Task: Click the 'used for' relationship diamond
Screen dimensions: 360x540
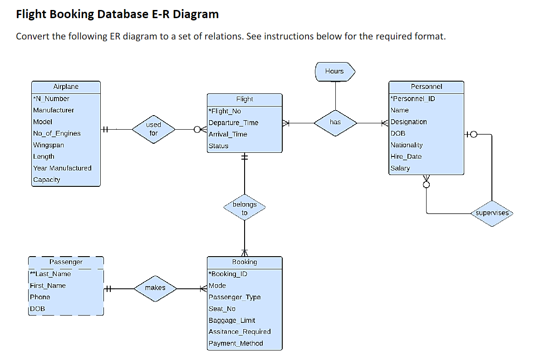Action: click(x=153, y=129)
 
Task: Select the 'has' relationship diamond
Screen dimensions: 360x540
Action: click(x=335, y=122)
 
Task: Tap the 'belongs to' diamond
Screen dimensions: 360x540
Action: click(x=245, y=209)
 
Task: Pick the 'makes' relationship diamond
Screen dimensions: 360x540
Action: click(x=155, y=288)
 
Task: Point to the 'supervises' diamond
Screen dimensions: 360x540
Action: click(x=492, y=213)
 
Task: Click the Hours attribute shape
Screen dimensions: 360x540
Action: click(x=335, y=71)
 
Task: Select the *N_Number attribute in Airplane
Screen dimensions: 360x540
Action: click(x=51, y=99)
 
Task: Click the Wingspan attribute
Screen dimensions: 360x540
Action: click(x=49, y=145)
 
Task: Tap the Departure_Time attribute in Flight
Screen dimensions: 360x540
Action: click(x=233, y=123)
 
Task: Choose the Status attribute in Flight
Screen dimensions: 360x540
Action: click(x=218, y=146)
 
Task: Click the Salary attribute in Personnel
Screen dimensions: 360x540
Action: click(x=400, y=168)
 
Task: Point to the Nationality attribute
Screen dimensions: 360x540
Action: click(x=407, y=145)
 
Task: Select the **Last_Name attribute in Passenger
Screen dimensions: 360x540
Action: click(x=50, y=274)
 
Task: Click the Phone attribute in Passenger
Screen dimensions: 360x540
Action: click(x=40, y=297)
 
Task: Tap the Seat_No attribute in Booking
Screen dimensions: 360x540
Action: click(x=222, y=309)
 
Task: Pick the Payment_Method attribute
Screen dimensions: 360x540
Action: click(x=236, y=343)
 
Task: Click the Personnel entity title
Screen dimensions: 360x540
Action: click(x=426, y=87)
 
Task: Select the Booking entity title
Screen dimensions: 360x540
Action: click(x=245, y=262)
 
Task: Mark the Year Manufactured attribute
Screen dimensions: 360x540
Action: click(x=62, y=168)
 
